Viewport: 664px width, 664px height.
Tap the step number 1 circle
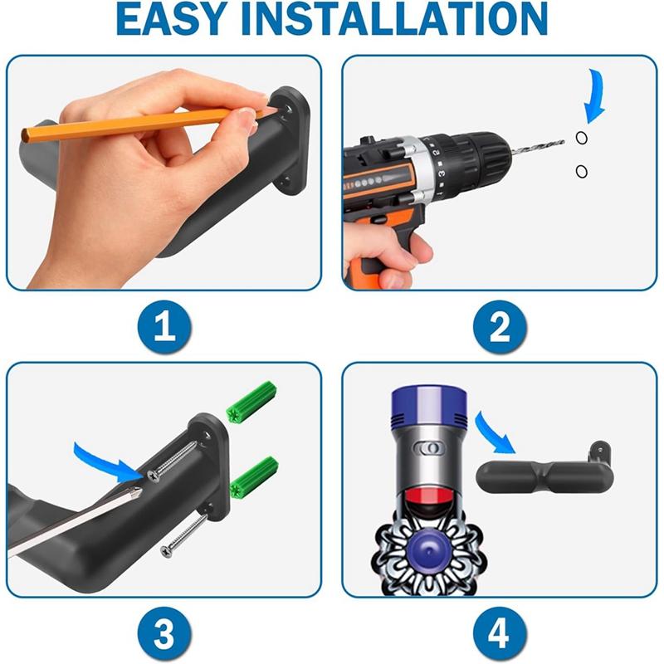[x=164, y=329]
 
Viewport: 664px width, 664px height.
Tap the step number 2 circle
[x=500, y=329]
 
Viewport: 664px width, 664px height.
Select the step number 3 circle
[x=164, y=634]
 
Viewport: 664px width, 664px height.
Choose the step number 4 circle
[x=500, y=634]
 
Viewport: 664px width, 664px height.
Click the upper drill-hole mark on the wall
[x=581, y=139]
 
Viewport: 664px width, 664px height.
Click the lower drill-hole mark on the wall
[x=581, y=171]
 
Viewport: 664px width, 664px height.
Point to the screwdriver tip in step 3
[x=138, y=492]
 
